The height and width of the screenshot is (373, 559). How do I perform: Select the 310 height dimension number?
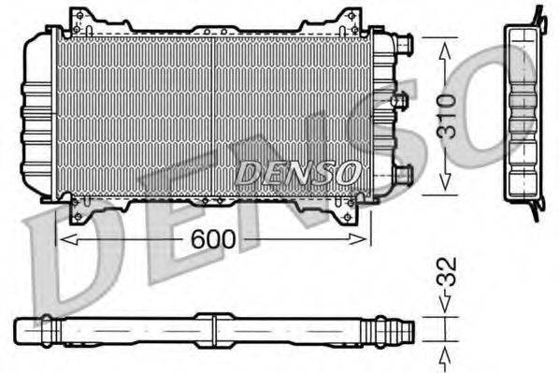point(448,117)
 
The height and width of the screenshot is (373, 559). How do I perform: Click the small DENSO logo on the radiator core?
point(296,172)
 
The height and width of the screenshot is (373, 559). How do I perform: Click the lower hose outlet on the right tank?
point(402,173)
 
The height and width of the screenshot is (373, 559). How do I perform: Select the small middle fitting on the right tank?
point(400,100)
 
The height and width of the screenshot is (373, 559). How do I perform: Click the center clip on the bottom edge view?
point(213,330)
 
